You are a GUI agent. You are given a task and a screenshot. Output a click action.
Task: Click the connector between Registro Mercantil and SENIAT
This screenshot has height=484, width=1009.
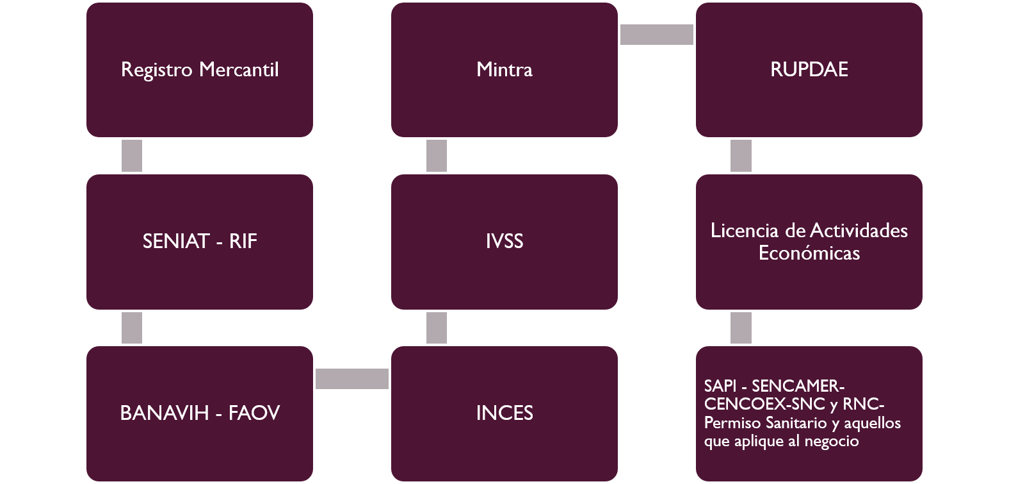coord(131,156)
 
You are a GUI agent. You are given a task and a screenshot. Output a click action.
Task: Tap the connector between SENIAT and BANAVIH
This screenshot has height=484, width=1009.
coord(131,328)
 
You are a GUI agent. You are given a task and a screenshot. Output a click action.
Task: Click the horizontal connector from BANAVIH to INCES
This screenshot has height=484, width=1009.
coord(352,379)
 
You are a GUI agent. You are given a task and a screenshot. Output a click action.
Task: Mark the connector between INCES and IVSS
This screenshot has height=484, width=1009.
coord(437,328)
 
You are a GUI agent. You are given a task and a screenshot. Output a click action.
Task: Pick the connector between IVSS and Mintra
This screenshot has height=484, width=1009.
coord(437,156)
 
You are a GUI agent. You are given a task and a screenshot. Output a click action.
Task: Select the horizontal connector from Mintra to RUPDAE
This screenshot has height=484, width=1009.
coord(657,35)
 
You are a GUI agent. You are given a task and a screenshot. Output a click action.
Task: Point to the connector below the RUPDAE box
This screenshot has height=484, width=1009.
coord(741,156)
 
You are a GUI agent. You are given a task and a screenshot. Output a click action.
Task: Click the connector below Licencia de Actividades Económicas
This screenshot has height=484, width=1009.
coord(741,328)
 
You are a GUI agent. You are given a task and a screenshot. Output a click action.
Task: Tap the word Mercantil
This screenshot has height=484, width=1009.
coord(239,70)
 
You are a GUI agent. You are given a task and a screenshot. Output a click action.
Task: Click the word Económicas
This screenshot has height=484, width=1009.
coord(809,253)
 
